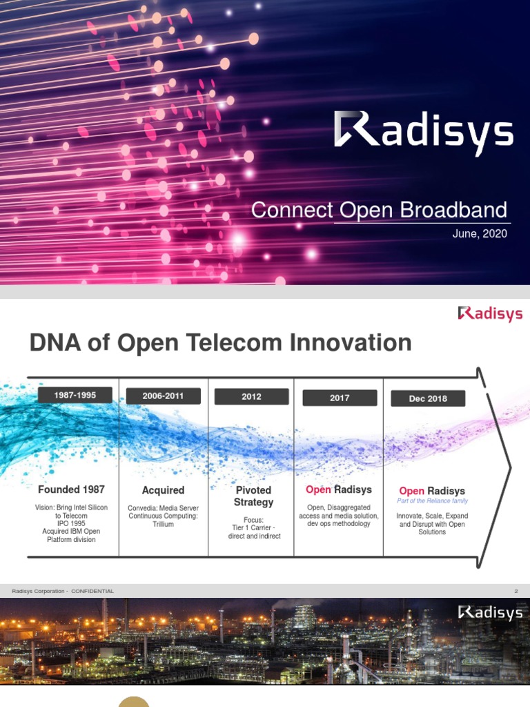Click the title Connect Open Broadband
[379, 210]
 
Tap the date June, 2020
[480, 233]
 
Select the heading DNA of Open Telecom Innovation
[220, 342]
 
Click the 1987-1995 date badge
[75, 396]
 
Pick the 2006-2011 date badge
[163, 396]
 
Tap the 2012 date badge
[251, 397]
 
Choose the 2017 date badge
[340, 398]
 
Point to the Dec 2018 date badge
[428, 398]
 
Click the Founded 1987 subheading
[71, 490]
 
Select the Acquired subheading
[163, 490]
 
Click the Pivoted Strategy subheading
[253, 496]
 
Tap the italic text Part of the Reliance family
[432, 501]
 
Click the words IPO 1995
[72, 523]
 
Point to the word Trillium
[163, 524]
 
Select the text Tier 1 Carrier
[253, 527]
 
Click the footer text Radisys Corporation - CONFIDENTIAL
[63, 591]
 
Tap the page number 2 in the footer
[516, 591]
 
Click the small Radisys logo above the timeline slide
[490, 314]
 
